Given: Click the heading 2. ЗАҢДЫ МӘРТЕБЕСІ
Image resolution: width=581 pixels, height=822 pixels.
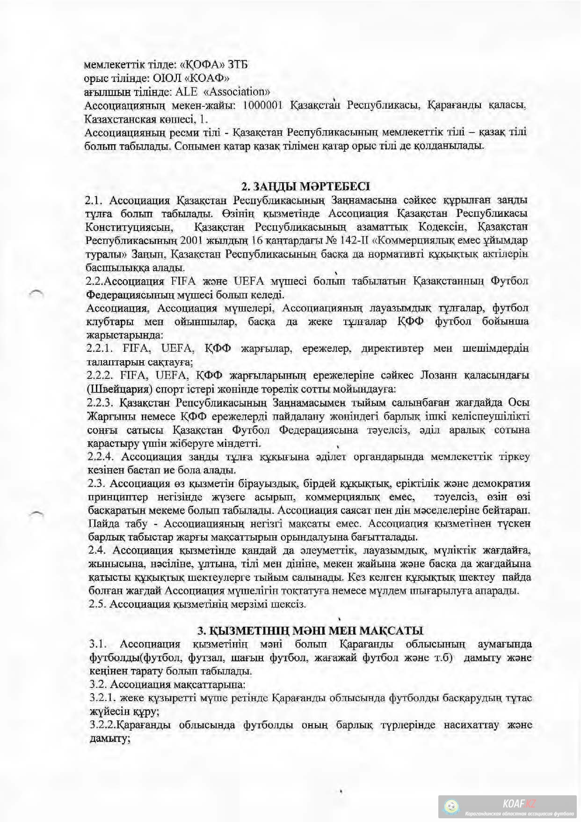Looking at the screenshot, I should [305, 186].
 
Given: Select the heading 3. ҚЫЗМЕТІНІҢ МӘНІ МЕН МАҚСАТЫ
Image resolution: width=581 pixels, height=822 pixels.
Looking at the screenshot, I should [310, 630].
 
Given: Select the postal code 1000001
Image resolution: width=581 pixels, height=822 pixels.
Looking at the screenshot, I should [262, 104].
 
